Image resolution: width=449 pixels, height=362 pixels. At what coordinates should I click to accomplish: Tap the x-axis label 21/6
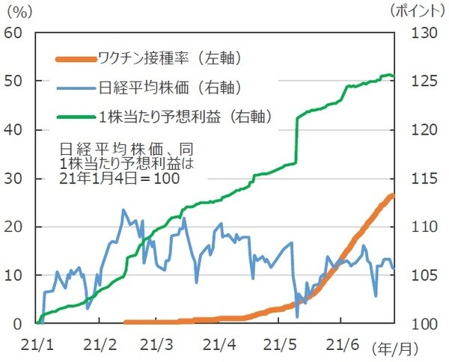coord(340,345)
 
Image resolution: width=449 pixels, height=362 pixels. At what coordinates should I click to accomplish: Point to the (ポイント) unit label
coord(420,10)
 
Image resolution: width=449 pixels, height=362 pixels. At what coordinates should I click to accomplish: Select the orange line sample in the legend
coord(76,58)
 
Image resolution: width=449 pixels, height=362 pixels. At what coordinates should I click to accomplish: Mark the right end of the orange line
coord(394,195)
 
